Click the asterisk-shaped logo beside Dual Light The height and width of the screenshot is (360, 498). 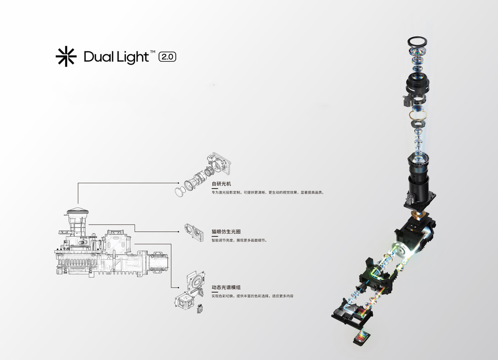click(x=66, y=57)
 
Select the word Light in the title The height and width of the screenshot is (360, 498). click(x=131, y=57)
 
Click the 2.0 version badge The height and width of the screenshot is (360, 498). click(x=167, y=57)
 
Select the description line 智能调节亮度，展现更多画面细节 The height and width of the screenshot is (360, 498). click(x=240, y=240)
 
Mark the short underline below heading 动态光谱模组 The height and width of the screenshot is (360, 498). click(x=215, y=293)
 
